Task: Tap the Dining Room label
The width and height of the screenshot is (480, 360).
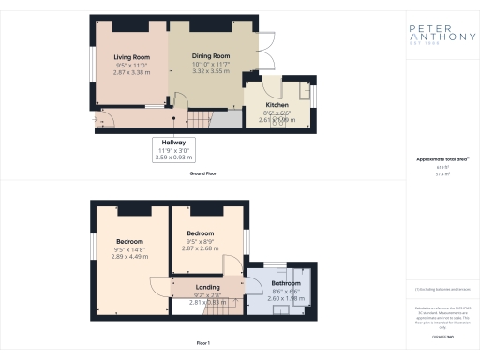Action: click(211, 56)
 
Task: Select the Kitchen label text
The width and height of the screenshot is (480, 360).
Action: click(276, 104)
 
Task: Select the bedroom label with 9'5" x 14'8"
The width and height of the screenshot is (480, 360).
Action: click(129, 241)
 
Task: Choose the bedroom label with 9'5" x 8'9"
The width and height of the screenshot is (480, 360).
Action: click(201, 232)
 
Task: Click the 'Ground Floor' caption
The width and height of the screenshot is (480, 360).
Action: click(203, 173)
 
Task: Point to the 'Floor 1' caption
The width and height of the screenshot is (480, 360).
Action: click(203, 344)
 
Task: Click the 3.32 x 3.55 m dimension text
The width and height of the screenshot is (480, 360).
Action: click(211, 70)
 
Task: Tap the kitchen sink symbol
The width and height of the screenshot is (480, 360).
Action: click(304, 90)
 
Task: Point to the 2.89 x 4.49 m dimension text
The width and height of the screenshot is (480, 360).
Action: click(129, 257)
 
